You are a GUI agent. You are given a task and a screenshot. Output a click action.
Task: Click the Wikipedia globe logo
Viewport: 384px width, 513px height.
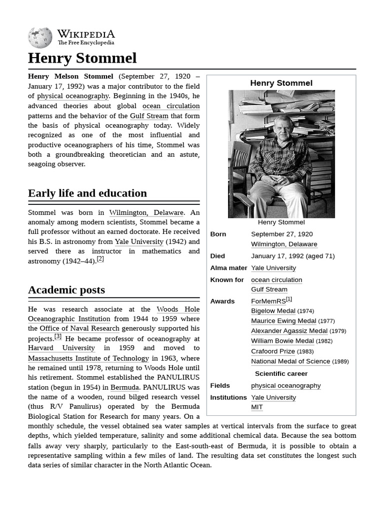pyautogui.click(x=40, y=38)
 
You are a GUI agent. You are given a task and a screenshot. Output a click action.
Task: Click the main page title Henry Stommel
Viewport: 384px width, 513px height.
pyautogui.click(x=82, y=58)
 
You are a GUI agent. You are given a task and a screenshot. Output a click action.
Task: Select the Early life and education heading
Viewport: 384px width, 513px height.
pyautogui.click(x=87, y=193)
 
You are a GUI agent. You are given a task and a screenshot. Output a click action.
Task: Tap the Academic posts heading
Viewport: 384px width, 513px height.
pyautogui.click(x=66, y=290)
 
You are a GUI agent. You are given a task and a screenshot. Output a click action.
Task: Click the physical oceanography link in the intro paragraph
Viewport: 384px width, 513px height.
pyautogui.click(x=73, y=96)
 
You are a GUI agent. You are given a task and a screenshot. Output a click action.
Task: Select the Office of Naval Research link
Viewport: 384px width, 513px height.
pyautogui.click(x=79, y=329)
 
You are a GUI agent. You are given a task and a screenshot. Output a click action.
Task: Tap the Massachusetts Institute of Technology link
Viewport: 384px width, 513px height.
pyautogui.click(x=88, y=358)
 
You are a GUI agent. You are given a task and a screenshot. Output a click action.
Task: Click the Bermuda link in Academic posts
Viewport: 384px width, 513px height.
pyautogui.click(x=124, y=388)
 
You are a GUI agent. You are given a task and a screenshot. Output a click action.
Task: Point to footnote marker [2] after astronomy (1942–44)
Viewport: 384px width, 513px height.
pyautogui.click(x=100, y=259)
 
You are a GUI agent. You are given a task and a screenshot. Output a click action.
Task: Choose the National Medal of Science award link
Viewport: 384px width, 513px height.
pyautogui.click(x=290, y=361)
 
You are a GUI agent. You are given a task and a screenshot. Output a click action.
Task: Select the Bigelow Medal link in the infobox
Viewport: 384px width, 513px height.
pyautogui.click(x=273, y=311)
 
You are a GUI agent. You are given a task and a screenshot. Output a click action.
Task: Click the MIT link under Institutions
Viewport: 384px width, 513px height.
pyautogui.click(x=256, y=407)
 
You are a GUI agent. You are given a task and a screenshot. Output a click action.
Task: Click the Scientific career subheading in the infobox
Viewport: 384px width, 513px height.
pyautogui.click(x=281, y=374)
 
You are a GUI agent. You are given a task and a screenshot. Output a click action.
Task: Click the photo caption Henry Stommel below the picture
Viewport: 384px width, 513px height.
pyautogui.click(x=281, y=222)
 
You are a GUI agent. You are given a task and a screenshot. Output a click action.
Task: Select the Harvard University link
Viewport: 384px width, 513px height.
pyautogui.click(x=61, y=348)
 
